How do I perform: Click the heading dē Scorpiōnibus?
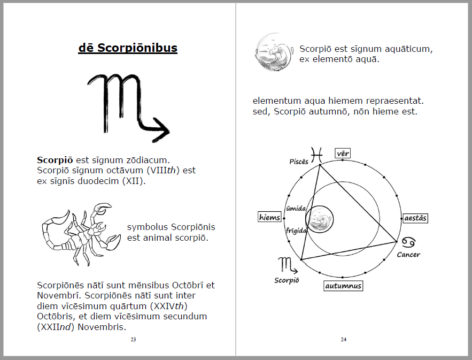[128, 48]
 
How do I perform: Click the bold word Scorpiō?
[55, 160]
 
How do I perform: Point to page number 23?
[133, 339]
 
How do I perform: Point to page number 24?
[344, 339]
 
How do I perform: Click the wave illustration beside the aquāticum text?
[274, 52]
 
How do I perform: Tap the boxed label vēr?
[343, 154]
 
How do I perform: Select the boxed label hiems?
[269, 217]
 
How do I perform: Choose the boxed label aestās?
[415, 218]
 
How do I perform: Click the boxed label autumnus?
[343, 286]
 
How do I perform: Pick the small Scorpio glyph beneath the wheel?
[286, 264]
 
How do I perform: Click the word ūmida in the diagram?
[296, 209]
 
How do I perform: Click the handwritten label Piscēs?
[299, 162]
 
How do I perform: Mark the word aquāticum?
[404, 49]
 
